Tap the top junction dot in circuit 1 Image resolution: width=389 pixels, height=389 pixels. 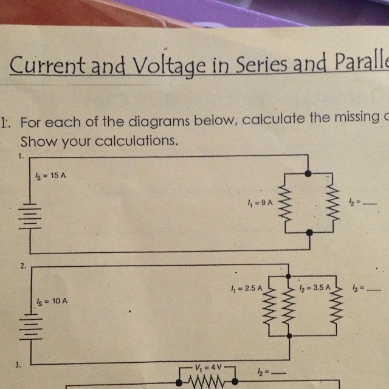(309, 174)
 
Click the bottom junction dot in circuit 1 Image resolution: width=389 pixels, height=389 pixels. (309, 232)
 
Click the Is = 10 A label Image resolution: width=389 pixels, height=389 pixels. (50, 301)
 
